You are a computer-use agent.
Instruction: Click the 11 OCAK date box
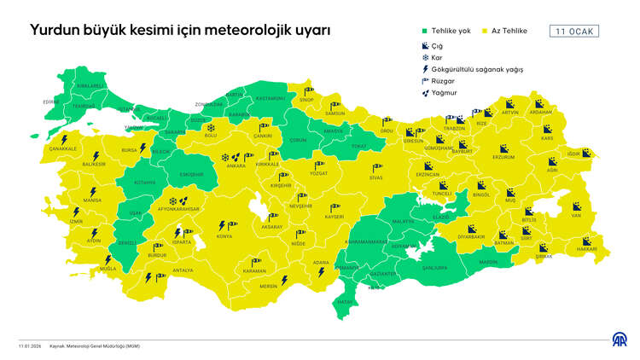tap(575, 32)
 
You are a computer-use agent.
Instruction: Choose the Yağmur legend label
tap(444, 93)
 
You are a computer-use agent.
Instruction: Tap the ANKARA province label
tap(226, 166)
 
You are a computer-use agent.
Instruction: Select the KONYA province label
tap(224, 235)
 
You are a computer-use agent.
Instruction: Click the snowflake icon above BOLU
tap(211, 127)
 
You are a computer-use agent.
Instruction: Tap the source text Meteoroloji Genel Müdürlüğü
tap(90, 346)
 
